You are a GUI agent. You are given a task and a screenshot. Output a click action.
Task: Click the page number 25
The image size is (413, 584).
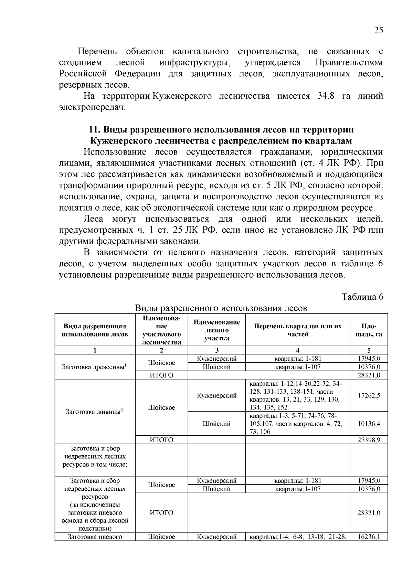pyautogui.click(x=378, y=30)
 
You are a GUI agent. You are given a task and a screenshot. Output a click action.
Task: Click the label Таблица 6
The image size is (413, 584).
pyautogui.click(x=362, y=297)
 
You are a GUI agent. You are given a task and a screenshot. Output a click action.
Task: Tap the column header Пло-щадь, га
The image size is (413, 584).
pyautogui.click(x=369, y=330)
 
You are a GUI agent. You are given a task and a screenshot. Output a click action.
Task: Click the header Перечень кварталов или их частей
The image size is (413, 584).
pyautogui.click(x=297, y=330)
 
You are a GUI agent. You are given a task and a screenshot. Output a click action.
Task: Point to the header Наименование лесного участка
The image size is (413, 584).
pyautogui.click(x=216, y=330)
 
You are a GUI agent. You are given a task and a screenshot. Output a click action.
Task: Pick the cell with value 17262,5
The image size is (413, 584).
pyautogui.click(x=369, y=395)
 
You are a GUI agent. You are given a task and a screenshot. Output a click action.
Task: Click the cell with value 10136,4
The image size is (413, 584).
pyautogui.click(x=369, y=424)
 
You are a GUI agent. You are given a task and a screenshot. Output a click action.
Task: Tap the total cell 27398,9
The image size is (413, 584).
pyautogui.click(x=369, y=440)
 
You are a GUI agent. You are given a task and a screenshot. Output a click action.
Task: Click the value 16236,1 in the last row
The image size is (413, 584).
pyautogui.click(x=369, y=537)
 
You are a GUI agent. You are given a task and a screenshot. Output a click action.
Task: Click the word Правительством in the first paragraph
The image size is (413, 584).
pyautogui.click(x=349, y=63)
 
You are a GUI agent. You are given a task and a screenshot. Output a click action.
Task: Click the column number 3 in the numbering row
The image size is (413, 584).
pyautogui.click(x=216, y=350)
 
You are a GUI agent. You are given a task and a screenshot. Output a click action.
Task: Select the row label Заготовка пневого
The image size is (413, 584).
pyautogui.click(x=95, y=537)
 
